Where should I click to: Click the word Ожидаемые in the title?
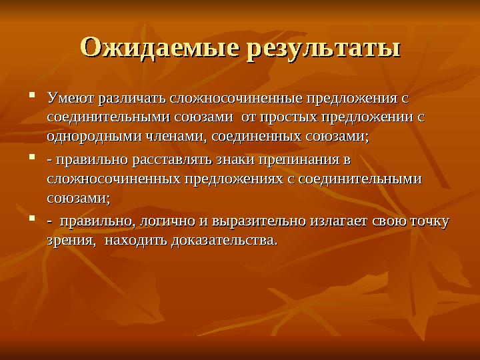[160, 49]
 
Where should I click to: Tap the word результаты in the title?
[324, 49]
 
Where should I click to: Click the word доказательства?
[223, 240]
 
